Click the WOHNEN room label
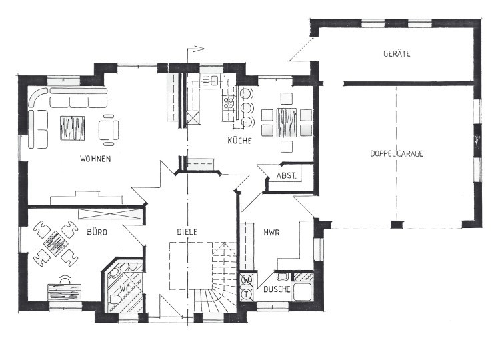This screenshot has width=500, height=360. [x=95, y=159]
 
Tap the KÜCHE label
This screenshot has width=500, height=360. [x=239, y=141]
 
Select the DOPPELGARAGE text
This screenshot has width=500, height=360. [x=397, y=154]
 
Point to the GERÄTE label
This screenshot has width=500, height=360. [x=397, y=53]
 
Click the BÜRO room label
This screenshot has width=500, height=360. [x=97, y=232]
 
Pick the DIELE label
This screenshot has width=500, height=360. [x=187, y=232]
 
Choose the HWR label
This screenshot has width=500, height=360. [x=272, y=233]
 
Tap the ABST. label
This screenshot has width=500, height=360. [x=287, y=175]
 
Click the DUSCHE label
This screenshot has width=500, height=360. [x=277, y=289]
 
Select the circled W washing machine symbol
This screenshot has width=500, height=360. [x=247, y=280]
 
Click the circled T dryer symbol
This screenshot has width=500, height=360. [x=247, y=294]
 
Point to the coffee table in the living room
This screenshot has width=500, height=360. [x=73, y=128]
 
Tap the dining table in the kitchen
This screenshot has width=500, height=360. [x=287, y=123]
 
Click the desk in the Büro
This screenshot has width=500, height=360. [x=64, y=292]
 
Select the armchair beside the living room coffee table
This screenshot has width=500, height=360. [x=109, y=130]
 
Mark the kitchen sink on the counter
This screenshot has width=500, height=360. [x=214, y=81]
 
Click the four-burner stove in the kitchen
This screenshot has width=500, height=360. [x=228, y=103]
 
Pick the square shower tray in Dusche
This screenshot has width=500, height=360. [x=302, y=291]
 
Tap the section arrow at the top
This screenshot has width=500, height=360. [x=196, y=49]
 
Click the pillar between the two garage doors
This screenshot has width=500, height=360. [x=397, y=225]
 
